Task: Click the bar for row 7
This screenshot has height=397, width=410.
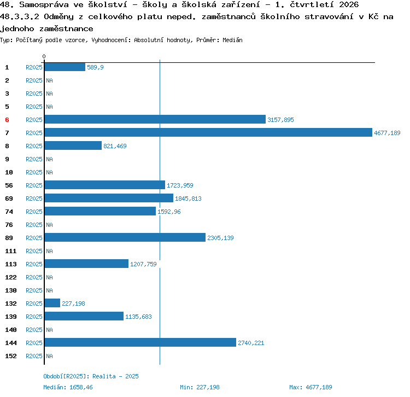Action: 208,132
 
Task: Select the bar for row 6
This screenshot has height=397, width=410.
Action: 155,119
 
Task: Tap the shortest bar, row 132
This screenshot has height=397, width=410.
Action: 52,303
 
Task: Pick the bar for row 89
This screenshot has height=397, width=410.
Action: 125,237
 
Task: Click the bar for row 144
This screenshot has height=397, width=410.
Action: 140,342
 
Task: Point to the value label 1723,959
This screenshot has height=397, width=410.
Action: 180,185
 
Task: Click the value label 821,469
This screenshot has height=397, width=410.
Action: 115,146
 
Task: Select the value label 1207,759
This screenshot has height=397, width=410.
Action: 143,264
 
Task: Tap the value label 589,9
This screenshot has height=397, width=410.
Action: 95,67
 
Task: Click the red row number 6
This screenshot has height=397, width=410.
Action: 7,120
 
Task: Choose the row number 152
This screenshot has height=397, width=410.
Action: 11,356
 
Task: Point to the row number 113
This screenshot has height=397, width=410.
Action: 11,264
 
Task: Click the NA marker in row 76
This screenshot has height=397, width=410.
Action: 49,225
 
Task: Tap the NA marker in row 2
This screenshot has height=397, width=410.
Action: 49,80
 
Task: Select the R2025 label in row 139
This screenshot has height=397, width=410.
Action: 34,317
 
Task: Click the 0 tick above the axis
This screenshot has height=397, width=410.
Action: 44,56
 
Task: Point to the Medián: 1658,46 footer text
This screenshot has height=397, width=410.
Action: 68,387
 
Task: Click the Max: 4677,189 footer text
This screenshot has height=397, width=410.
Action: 311,387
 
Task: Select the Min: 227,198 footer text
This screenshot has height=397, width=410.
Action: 200,387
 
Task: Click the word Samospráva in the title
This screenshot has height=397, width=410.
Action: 44,5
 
